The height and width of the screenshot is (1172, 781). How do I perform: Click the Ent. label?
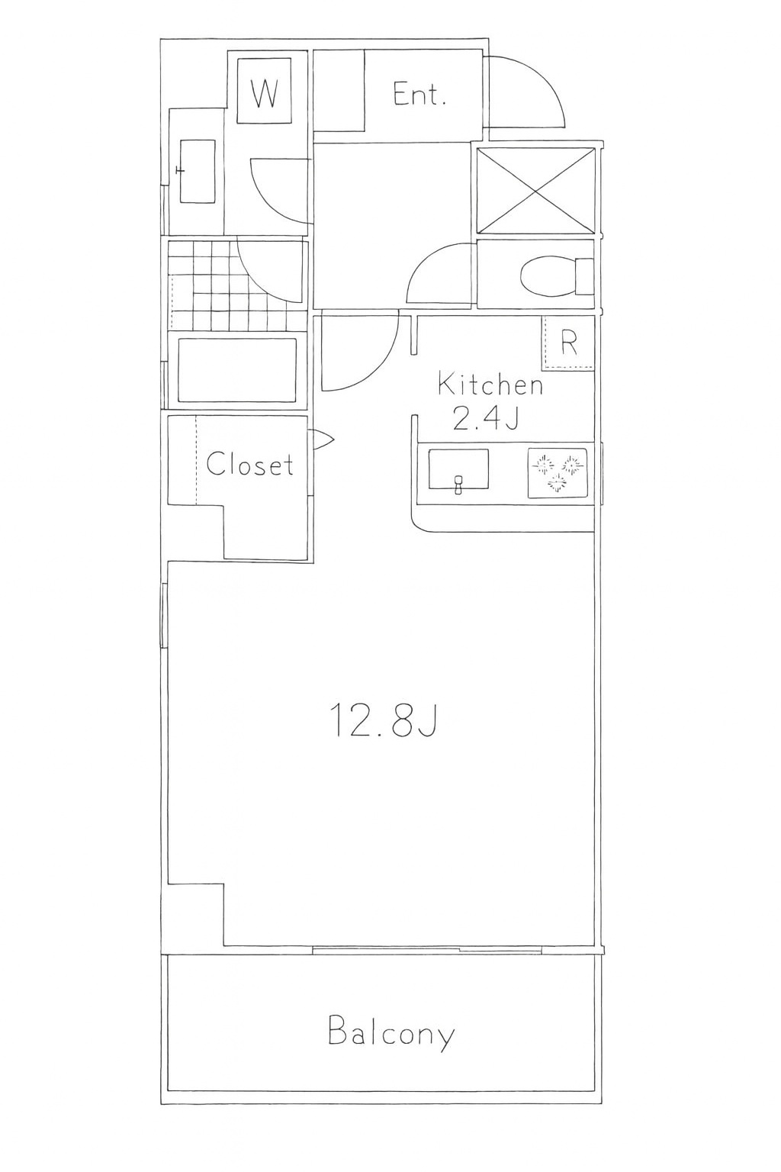pyautogui.click(x=419, y=95)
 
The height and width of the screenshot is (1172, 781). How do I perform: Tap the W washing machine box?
pyautogui.click(x=264, y=91)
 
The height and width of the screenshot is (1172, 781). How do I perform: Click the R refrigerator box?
pyautogui.click(x=569, y=343)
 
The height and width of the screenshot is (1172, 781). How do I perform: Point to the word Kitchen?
pyautogui.click(x=490, y=385)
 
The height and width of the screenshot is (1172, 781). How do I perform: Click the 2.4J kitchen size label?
pyautogui.click(x=486, y=419)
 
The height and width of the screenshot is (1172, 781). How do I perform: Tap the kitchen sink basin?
pyautogui.click(x=459, y=469)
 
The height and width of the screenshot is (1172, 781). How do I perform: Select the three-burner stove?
pyautogui.click(x=558, y=472)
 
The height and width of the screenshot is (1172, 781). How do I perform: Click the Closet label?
pyautogui.click(x=249, y=464)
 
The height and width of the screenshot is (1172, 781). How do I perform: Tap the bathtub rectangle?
pyautogui.click(x=237, y=370)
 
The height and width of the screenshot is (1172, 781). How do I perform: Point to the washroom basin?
pyautogui.click(x=198, y=171)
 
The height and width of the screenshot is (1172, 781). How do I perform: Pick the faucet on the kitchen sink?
pyautogui.click(x=459, y=485)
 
